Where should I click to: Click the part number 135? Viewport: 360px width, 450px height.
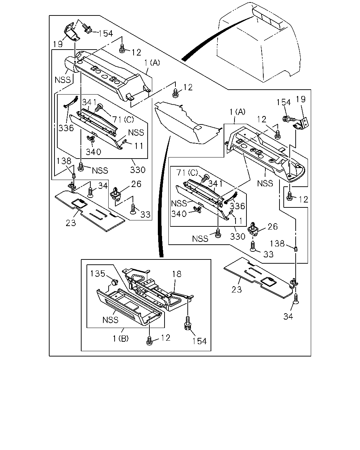point(97,274)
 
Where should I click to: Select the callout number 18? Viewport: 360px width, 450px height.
point(177,274)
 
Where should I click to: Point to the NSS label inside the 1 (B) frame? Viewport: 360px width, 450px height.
point(110,320)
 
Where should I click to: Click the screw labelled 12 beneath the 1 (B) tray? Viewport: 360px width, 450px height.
point(149,340)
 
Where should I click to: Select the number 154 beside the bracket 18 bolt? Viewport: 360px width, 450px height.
point(199,341)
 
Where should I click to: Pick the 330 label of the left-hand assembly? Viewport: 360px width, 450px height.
point(138,170)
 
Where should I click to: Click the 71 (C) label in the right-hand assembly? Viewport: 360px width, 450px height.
point(187,173)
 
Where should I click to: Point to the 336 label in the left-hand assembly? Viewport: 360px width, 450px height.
point(66,128)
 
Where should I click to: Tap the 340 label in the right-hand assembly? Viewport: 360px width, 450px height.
point(179,214)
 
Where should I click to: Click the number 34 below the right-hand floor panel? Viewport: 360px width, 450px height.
point(288,316)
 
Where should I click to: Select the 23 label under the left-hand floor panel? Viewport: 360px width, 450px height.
point(71,223)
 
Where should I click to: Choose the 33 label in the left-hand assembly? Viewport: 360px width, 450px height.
point(146,214)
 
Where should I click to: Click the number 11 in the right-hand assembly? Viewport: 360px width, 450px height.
point(238,221)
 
